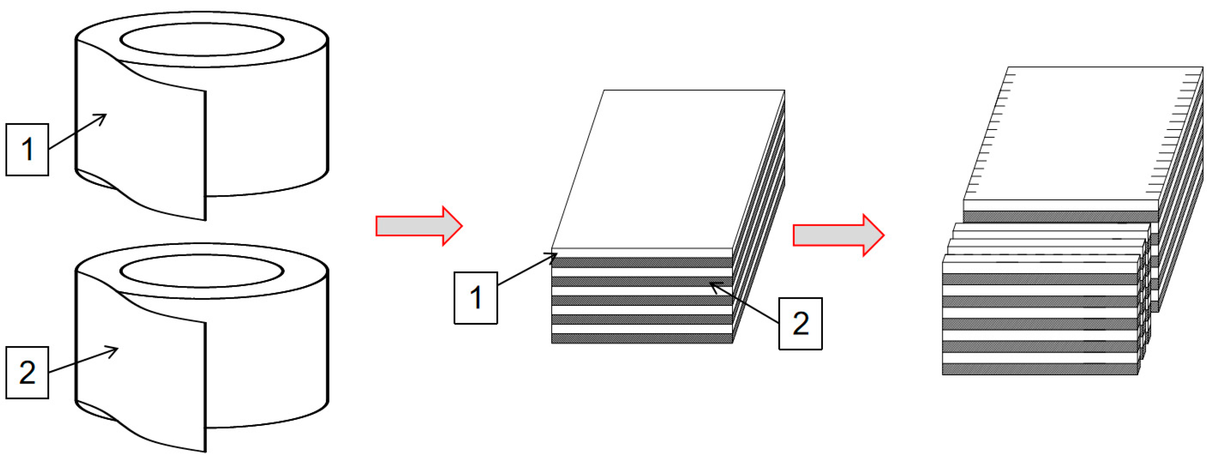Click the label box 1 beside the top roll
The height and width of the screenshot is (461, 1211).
click(27, 149)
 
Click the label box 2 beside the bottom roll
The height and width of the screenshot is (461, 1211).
click(27, 372)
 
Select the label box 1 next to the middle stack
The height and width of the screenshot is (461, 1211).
click(475, 297)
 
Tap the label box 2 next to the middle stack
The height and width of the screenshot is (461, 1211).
click(800, 323)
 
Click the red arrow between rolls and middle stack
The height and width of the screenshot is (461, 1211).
click(419, 226)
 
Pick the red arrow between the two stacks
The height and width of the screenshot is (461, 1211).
click(838, 235)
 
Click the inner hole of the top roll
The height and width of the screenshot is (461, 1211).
click(202, 40)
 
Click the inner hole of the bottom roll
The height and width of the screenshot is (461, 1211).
click(202, 271)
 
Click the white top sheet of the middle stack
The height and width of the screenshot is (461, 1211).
click(668, 169)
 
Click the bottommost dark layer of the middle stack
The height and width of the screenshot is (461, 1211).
click(642, 339)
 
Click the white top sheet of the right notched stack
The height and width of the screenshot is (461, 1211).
click(1081, 134)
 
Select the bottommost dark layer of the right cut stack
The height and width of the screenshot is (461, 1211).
click(1040, 369)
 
